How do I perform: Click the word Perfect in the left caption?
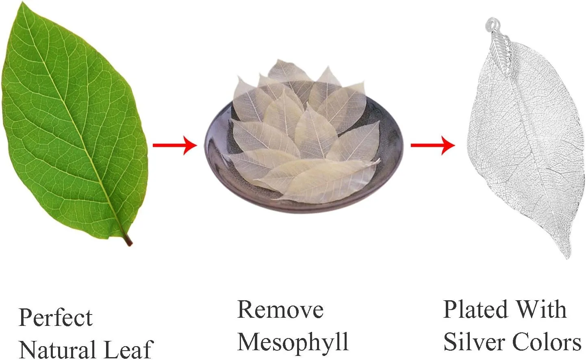(56, 318)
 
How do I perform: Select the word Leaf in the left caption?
(128, 349)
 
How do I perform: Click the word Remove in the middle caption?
(280, 310)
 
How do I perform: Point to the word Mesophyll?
(293, 342)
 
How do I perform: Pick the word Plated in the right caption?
(475, 310)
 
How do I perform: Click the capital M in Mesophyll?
(249, 341)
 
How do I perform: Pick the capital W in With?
(529, 310)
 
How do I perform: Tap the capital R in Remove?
(246, 310)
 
